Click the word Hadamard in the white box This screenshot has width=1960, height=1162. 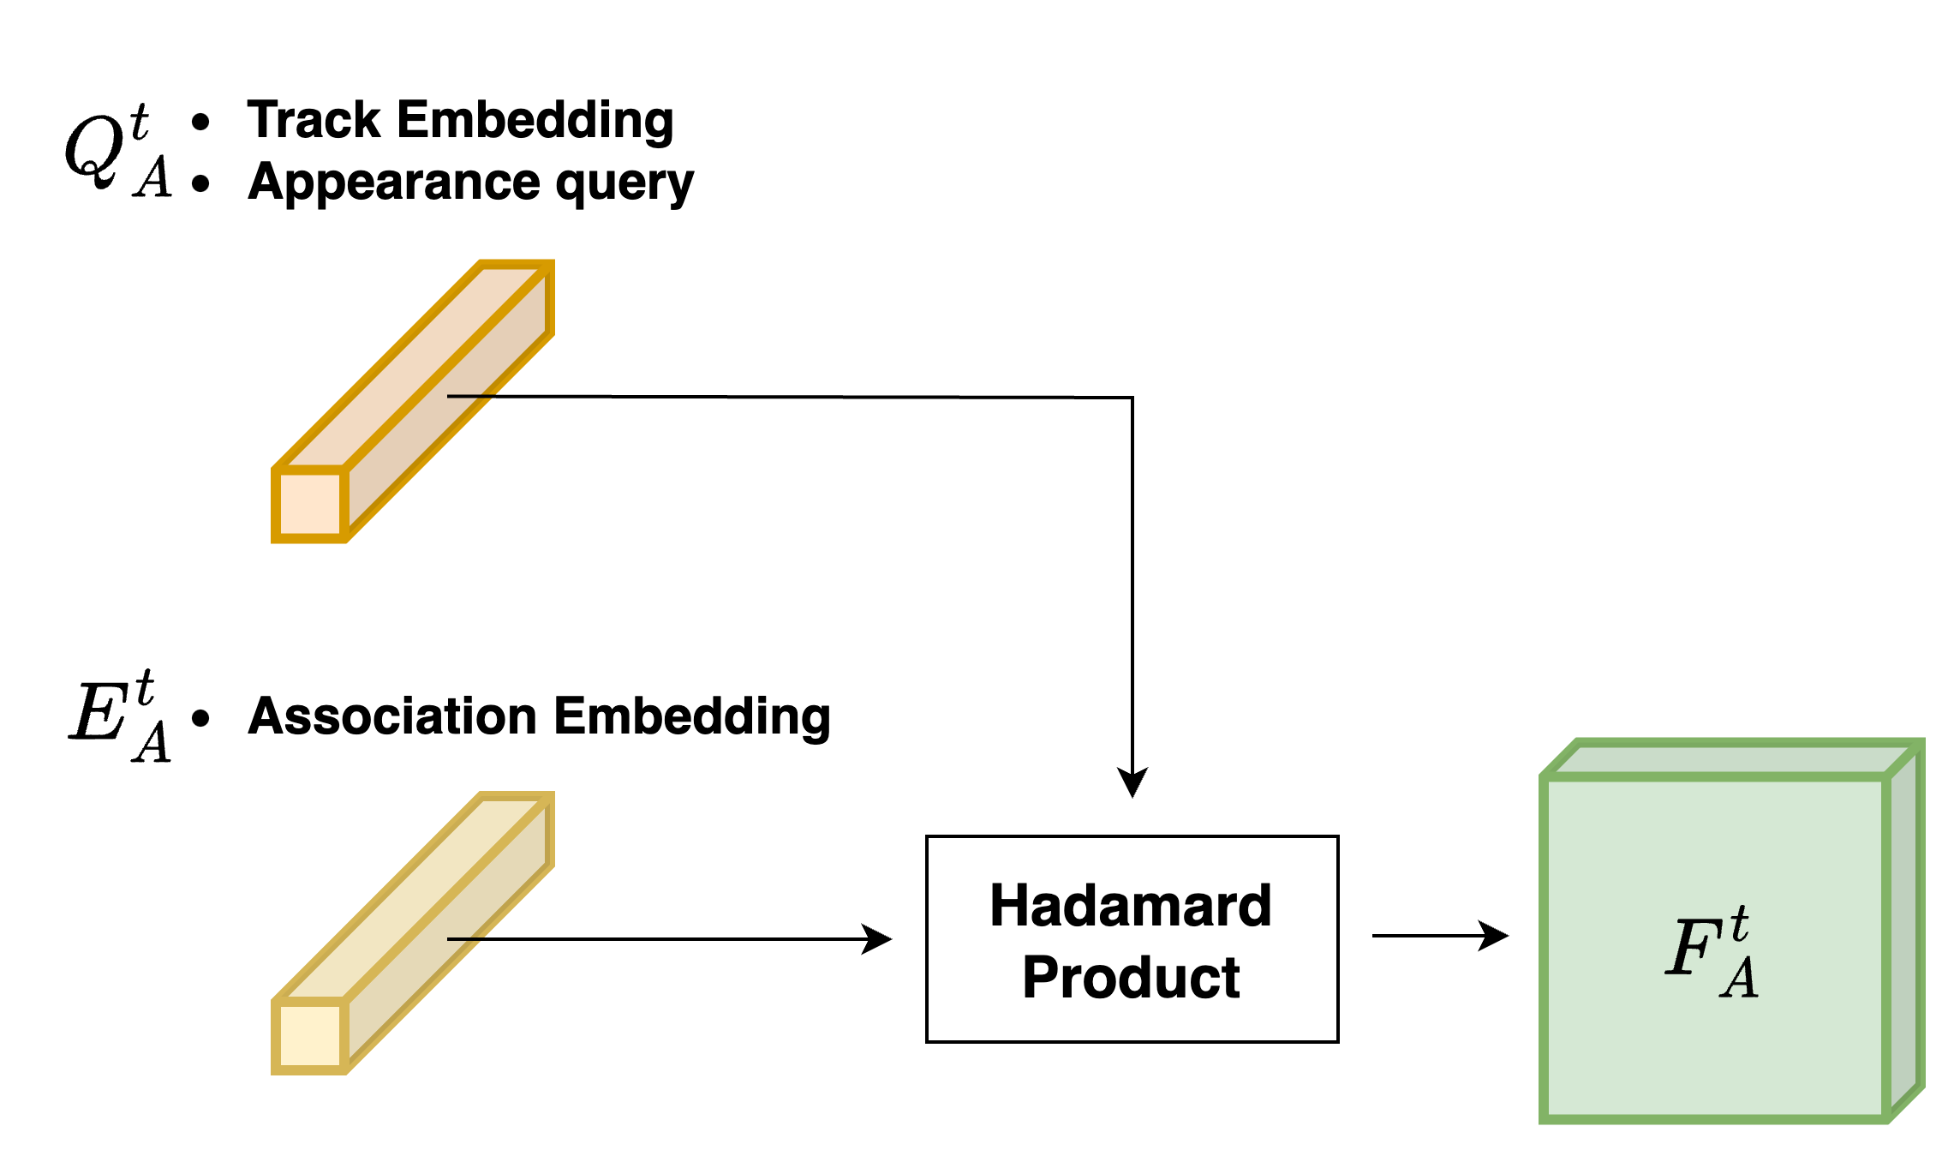coord(1131,905)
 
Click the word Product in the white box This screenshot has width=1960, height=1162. coord(1131,977)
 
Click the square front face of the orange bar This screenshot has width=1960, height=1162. coord(309,505)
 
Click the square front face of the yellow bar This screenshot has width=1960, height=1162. coord(309,1036)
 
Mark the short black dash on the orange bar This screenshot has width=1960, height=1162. coord(470,396)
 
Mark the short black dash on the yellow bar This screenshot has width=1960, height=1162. coord(466,938)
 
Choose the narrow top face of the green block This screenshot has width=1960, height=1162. coord(1730,759)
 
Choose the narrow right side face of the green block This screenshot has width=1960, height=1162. coord(1906,934)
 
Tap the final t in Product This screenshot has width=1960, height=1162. coord(1231,977)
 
